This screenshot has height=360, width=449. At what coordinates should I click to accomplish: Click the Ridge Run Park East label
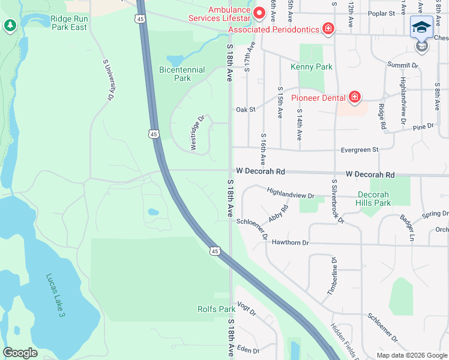[69, 23]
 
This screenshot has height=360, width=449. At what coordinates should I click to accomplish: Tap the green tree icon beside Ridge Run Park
[10, 25]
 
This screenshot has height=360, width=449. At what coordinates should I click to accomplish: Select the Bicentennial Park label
[174, 74]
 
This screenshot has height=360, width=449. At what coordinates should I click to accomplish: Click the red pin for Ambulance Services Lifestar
[259, 12]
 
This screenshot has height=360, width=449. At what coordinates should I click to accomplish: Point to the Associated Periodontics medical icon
[328, 28]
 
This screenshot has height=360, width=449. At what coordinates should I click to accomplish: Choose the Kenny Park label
[311, 67]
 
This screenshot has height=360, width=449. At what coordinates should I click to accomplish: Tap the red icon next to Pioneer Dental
[354, 97]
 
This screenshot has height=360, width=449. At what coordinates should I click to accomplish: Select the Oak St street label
[246, 110]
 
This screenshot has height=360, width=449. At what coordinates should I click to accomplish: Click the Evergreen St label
[359, 149]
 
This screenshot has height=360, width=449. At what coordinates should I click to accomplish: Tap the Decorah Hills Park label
[373, 199]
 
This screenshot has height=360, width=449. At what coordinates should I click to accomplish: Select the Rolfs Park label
[216, 310]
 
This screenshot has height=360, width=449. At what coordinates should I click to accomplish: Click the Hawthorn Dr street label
[289, 242]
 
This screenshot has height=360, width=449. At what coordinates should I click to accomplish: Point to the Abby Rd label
[279, 215]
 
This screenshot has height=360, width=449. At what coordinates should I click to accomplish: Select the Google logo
[20, 353]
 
